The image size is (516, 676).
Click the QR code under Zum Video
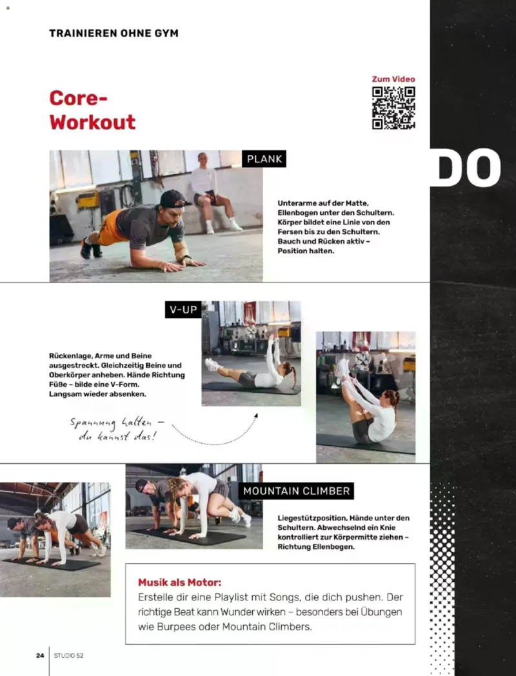393,108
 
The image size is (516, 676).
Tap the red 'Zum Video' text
393,79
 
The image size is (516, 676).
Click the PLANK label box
264,159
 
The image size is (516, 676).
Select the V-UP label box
183,310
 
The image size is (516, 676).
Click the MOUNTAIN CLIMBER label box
296,491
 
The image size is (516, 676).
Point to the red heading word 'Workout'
92,122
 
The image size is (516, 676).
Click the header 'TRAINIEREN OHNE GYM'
114,33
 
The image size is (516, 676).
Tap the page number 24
40,655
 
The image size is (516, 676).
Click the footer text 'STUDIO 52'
68,655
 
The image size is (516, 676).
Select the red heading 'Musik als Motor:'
179,582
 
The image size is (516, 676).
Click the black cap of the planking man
174,199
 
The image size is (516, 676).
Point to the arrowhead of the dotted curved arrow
255,416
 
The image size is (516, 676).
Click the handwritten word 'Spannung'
93,423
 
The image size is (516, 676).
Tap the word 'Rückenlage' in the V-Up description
70,355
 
